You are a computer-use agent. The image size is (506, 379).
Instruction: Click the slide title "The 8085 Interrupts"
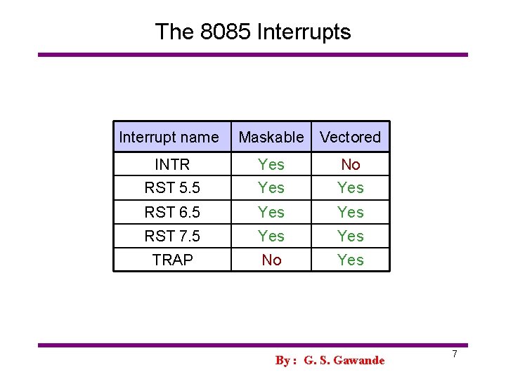point(252,32)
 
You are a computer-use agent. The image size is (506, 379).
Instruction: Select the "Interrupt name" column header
point(169,138)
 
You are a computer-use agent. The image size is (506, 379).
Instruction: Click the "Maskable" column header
point(271,138)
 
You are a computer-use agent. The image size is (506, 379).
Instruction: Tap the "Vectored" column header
point(350,138)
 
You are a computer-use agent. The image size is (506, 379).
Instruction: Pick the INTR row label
point(172,165)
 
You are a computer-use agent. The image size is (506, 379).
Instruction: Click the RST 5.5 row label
point(172,188)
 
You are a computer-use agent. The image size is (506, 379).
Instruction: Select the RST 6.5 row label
point(172,212)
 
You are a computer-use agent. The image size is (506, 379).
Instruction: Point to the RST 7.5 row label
point(172,236)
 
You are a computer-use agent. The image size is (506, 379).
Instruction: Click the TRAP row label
point(172,260)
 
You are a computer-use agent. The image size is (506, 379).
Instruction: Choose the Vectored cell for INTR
point(350,165)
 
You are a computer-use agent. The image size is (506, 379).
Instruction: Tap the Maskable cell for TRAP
point(271,260)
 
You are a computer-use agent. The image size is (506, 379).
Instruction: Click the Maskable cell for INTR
point(271,165)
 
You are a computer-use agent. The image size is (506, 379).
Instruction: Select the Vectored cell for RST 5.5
point(350,188)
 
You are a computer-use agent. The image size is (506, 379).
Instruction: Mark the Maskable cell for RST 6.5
point(271,212)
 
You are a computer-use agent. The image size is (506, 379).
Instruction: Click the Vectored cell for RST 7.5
point(350,236)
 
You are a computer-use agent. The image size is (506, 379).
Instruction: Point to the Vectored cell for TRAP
point(350,260)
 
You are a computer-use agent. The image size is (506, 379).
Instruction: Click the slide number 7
point(454,354)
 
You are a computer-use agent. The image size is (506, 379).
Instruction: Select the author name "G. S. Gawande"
point(344,361)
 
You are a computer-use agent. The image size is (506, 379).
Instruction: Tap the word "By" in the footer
point(283,361)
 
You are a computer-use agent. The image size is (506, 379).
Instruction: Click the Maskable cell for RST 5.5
point(271,188)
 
